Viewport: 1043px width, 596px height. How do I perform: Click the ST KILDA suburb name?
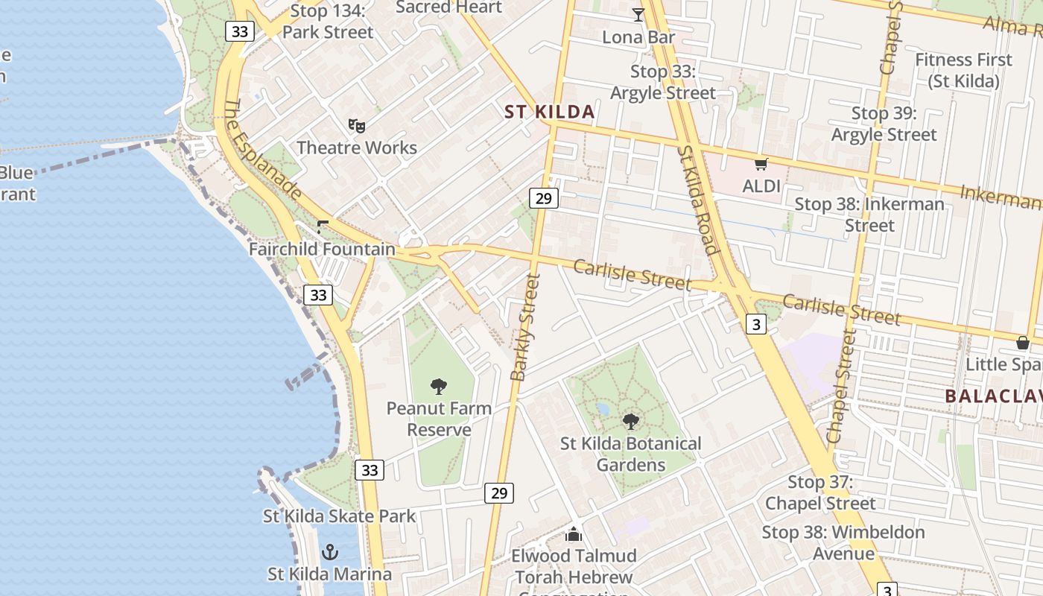coord(550,112)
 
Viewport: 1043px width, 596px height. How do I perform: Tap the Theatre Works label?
coord(357,148)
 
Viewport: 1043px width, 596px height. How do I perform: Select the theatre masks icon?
coord(357,125)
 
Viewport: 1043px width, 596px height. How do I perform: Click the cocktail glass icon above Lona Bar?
coord(638,15)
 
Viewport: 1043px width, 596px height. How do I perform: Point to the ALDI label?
coord(761,186)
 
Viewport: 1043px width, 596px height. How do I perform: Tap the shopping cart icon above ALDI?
coord(761,164)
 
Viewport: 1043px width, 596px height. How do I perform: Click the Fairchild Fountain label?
coord(322,249)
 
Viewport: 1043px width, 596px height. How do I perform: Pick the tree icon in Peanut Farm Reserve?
coord(439,386)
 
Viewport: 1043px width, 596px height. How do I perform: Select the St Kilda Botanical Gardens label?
coord(631,454)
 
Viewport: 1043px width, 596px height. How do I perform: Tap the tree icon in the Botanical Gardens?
coord(631,422)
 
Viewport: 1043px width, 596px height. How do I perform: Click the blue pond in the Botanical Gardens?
coord(603,409)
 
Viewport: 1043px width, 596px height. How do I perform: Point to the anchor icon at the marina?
coord(329,552)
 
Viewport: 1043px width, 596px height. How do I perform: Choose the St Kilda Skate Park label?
coord(339,516)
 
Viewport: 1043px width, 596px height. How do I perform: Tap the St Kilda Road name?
coord(697,199)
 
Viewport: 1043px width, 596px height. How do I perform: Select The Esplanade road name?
coord(263,150)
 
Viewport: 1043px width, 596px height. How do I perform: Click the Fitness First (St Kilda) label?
coord(963,70)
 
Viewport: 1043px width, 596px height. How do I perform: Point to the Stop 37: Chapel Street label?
coord(820,492)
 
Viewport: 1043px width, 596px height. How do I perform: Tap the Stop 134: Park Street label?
coord(328,22)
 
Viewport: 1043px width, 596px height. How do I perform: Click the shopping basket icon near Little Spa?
coord(1023,343)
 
